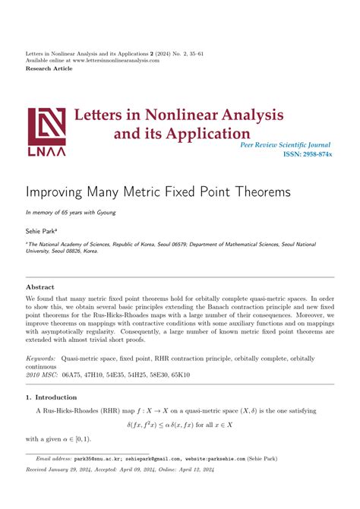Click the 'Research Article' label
point(49,68)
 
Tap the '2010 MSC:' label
point(43,375)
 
